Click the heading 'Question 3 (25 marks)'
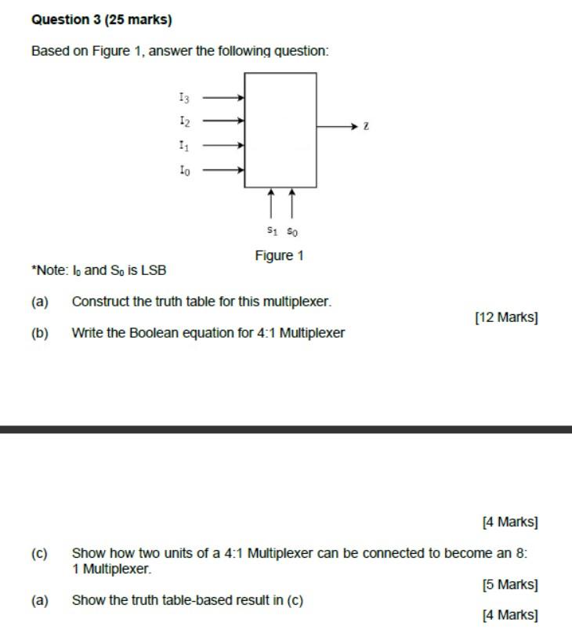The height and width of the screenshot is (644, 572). (101, 19)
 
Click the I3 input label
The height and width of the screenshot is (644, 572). (183, 97)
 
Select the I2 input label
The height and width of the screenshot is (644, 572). (183, 121)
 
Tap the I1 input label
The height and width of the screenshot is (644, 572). (183, 145)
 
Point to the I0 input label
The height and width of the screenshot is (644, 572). (183, 169)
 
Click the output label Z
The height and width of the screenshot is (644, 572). (366, 126)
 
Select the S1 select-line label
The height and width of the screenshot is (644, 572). (272, 231)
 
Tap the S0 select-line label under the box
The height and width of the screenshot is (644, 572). (292, 231)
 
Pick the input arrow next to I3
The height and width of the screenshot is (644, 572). (224, 98)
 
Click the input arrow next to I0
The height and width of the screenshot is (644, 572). (224, 169)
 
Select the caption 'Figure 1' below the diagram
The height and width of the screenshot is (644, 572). (279, 255)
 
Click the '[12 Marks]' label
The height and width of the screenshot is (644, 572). (506, 317)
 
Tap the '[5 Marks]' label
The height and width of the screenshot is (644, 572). (509, 584)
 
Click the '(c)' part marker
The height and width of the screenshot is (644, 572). (39, 553)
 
